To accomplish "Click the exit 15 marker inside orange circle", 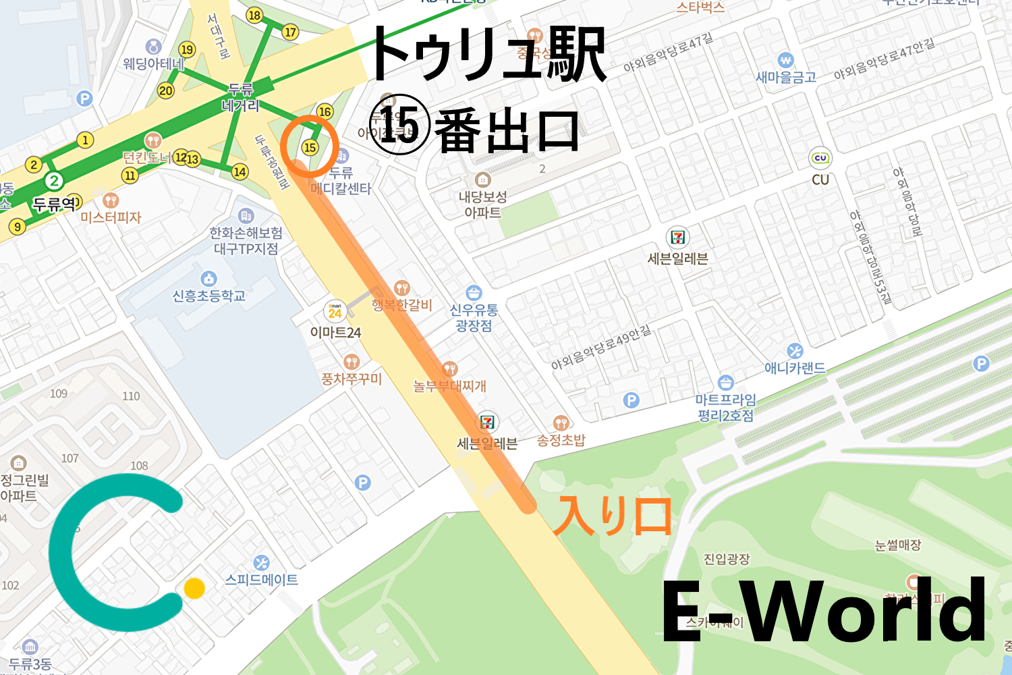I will (x=310, y=147).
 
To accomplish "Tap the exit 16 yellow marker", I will (x=325, y=111).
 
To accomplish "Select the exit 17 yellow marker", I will (x=290, y=32).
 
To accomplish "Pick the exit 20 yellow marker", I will (x=166, y=90).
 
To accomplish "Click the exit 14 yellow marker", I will (x=240, y=171).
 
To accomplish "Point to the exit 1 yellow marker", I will (x=85, y=140).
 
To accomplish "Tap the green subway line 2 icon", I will (x=54, y=181).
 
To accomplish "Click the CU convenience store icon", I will (x=820, y=158).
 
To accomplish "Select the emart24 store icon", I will (x=335, y=310).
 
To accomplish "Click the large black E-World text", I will (x=823, y=611).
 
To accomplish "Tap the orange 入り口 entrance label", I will (x=612, y=516).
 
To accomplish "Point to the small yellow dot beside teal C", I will (x=194, y=588).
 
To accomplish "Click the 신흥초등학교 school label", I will (x=209, y=296).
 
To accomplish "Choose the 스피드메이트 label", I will (x=262, y=579).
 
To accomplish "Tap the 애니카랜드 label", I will (x=795, y=368).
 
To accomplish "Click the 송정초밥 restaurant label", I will (x=561, y=440).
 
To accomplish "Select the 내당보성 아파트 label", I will (x=482, y=205).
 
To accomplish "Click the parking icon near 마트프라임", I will (x=631, y=400).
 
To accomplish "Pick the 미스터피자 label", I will (x=111, y=217).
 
